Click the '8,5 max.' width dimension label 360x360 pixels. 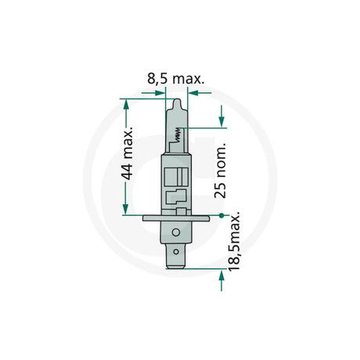177,78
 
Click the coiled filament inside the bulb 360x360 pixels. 178,138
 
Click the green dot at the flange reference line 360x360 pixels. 222,214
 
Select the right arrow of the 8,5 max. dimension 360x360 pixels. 192,92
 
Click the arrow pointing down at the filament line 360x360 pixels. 222,121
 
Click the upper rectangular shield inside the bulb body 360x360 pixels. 178,174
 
